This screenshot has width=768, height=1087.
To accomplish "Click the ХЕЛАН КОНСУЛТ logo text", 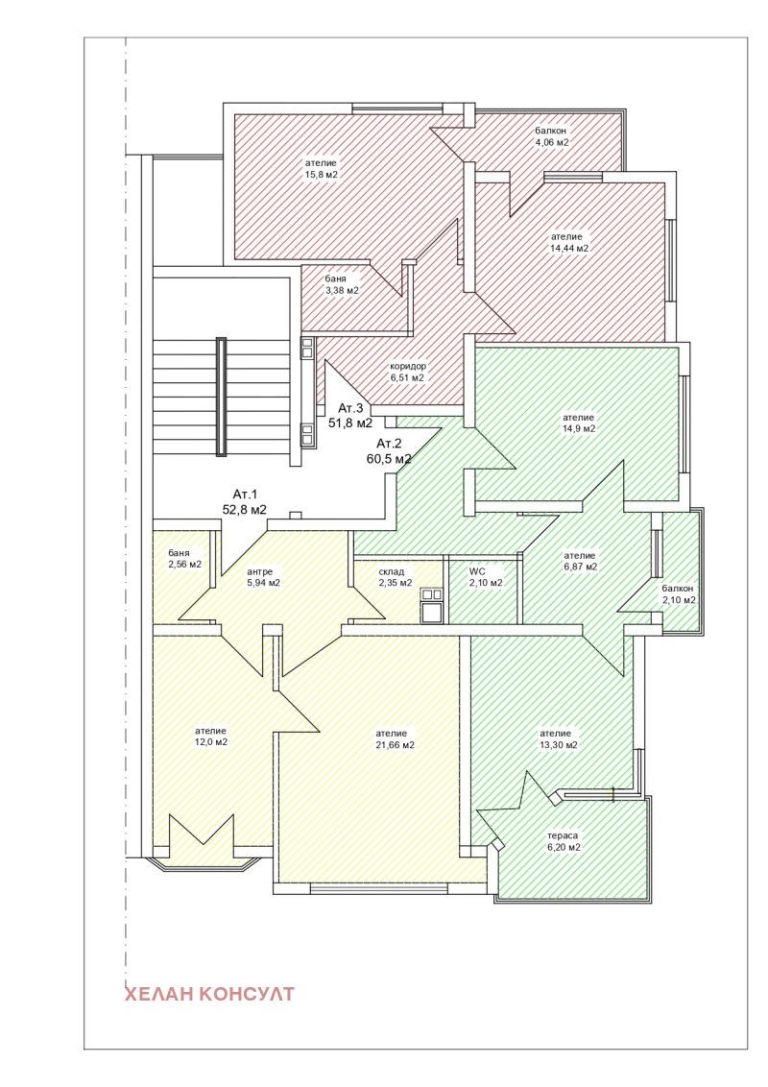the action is click(209, 994).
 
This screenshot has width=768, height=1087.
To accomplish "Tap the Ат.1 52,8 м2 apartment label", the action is click(245, 502).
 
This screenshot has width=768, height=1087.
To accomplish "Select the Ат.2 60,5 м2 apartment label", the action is click(389, 450).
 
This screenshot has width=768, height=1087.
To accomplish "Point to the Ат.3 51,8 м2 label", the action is click(350, 415).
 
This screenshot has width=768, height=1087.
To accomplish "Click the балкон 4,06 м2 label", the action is click(551, 136).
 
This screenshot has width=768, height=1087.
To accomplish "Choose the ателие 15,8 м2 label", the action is click(321, 168).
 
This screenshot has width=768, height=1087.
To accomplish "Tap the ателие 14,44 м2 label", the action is click(569, 242).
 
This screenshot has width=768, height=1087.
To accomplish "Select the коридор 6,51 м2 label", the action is click(408, 373).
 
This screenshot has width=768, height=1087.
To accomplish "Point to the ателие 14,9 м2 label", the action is click(578, 423).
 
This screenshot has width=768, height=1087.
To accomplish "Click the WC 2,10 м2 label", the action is click(486, 577).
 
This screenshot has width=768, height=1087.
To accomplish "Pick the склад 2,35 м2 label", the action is click(396, 577).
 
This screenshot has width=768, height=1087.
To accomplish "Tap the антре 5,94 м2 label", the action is click(263, 577).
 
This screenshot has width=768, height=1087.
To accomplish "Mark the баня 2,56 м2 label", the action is click(184, 559).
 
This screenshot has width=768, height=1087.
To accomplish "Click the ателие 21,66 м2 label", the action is click(396, 739).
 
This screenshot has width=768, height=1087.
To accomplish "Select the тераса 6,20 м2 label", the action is click(563, 841).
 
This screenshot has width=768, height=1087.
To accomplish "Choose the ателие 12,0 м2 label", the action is click(210, 737).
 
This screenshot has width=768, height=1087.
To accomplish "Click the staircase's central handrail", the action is click(221, 397).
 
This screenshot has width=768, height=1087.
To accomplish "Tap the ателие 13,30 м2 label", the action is click(558, 739).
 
